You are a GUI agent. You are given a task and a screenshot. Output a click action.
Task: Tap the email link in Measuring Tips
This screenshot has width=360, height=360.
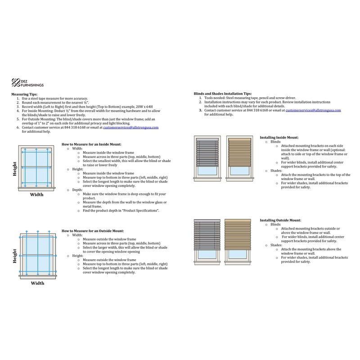pyautogui.click(x=131, y=127)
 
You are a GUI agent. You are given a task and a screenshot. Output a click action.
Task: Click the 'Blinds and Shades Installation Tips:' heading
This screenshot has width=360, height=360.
pyautogui.click(x=222, y=93)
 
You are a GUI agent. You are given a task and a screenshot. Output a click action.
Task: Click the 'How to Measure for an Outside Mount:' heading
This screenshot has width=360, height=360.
pyautogui.click(x=91, y=230)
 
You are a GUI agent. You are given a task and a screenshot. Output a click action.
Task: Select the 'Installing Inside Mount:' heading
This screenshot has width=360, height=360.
pyautogui.click(x=279, y=137)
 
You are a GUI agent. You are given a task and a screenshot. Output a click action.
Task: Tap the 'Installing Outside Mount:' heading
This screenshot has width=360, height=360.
pyautogui.click(x=280, y=220)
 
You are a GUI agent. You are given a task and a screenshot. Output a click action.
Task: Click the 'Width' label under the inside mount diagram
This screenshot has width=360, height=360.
pyautogui.click(x=37, y=195)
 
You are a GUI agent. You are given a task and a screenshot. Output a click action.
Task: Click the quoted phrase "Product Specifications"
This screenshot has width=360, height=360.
pyautogui.click(x=139, y=210)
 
